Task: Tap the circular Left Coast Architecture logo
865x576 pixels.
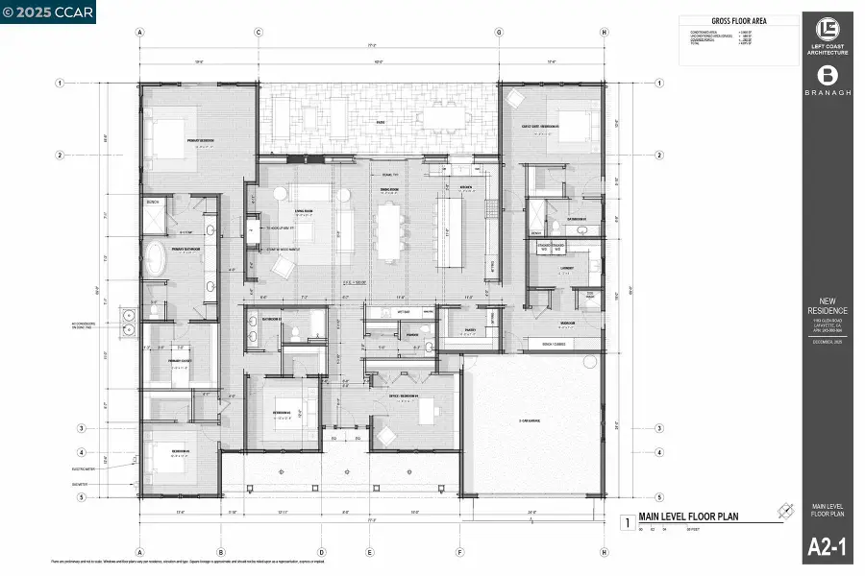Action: (828, 28)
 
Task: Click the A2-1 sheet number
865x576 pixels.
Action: (828, 550)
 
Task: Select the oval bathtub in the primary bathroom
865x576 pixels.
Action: (154, 258)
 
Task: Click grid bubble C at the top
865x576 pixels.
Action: (259, 32)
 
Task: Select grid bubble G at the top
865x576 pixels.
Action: (500, 32)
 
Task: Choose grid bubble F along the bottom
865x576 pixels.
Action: (459, 552)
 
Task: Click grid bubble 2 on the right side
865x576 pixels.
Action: (658, 156)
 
